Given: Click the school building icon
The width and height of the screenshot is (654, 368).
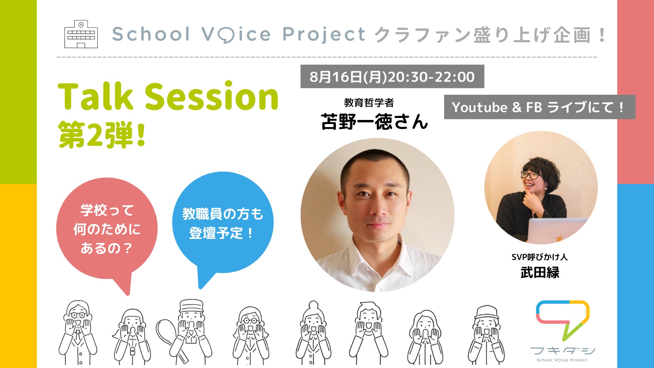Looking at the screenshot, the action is click(81, 34).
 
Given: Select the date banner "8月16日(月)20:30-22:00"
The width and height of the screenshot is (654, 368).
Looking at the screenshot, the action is click(392, 77).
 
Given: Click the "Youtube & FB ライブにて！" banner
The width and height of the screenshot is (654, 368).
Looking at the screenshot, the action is click(540, 107).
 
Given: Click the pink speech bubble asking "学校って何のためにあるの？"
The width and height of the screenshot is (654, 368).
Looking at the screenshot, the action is click(107, 232).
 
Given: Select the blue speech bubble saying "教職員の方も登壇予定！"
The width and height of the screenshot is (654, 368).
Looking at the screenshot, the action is click(223, 225).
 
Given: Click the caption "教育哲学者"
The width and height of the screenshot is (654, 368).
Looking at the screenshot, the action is click(369, 103).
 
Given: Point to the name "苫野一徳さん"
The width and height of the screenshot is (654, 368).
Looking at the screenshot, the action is click(374, 122).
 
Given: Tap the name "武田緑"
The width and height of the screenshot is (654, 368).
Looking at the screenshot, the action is click(540, 273).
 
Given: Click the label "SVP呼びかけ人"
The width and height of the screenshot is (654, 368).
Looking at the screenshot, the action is click(540, 257).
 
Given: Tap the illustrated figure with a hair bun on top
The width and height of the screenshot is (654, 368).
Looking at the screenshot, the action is click(313, 333).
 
